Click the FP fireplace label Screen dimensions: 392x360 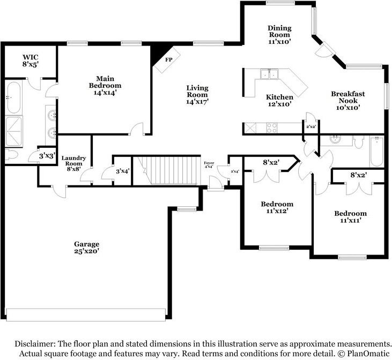pos(169,59)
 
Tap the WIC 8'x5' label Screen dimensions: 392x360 pos(31,61)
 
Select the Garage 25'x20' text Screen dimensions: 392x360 pos(86,247)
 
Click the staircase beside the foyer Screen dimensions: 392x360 pos(166,171)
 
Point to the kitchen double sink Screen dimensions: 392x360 pos(269,74)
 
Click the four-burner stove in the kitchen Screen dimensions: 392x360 pos(271,127)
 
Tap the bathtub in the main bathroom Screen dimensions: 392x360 pos(13,97)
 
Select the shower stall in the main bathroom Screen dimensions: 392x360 pos(14,131)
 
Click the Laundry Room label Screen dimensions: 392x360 pos(73,161)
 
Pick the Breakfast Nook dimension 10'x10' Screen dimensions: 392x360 pos(347,108)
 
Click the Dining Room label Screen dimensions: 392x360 pos(279,31)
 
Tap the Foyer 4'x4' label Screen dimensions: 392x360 pos(209,164)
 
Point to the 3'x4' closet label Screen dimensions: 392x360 pos(122,171)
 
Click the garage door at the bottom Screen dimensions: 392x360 pos(86,315)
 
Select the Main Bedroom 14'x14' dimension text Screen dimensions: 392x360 pos(105,93)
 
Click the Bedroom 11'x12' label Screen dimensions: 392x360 pos(277,207)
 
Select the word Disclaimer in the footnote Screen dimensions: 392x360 pos(35,344)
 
